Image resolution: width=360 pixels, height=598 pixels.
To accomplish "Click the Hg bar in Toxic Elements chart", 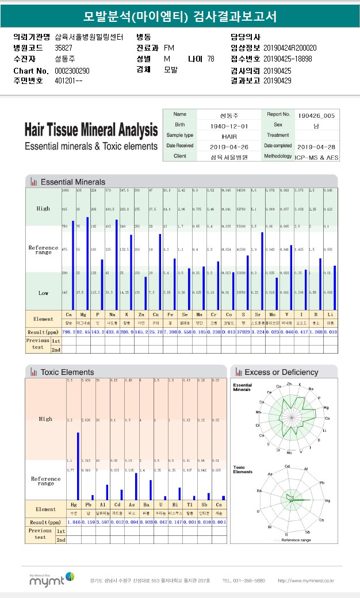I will [78, 466].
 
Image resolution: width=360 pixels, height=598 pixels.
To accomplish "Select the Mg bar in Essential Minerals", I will [87, 263].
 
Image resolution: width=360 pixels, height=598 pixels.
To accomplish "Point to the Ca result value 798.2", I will [68, 332].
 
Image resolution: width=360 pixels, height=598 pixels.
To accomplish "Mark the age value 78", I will [210, 59].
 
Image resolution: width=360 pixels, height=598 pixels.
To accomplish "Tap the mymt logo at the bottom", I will [51, 579].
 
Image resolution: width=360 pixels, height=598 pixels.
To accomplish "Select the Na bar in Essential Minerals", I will [117, 264].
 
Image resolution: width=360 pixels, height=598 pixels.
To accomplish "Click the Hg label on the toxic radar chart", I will [327, 501].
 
